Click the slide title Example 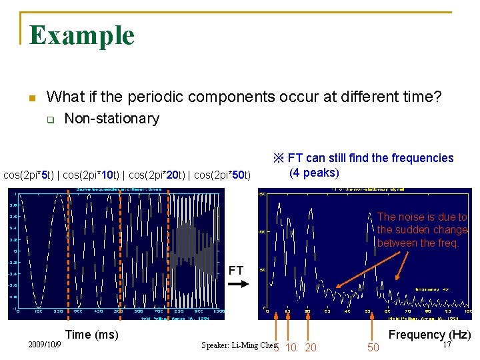pos(82,35)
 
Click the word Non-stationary pos(111,119)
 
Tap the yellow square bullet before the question pos(31,98)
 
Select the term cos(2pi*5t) pos(29,175)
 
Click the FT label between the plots pos(236,271)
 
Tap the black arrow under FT pos(237,284)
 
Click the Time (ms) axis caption pos(91,334)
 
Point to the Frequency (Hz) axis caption pos(429,335)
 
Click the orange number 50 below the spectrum pos(373,347)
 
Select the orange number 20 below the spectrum pos(310,347)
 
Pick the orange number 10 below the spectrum pos(290,347)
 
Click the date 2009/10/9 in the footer pos(45,345)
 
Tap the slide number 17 pos(447,345)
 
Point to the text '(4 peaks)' pos(313,173)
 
